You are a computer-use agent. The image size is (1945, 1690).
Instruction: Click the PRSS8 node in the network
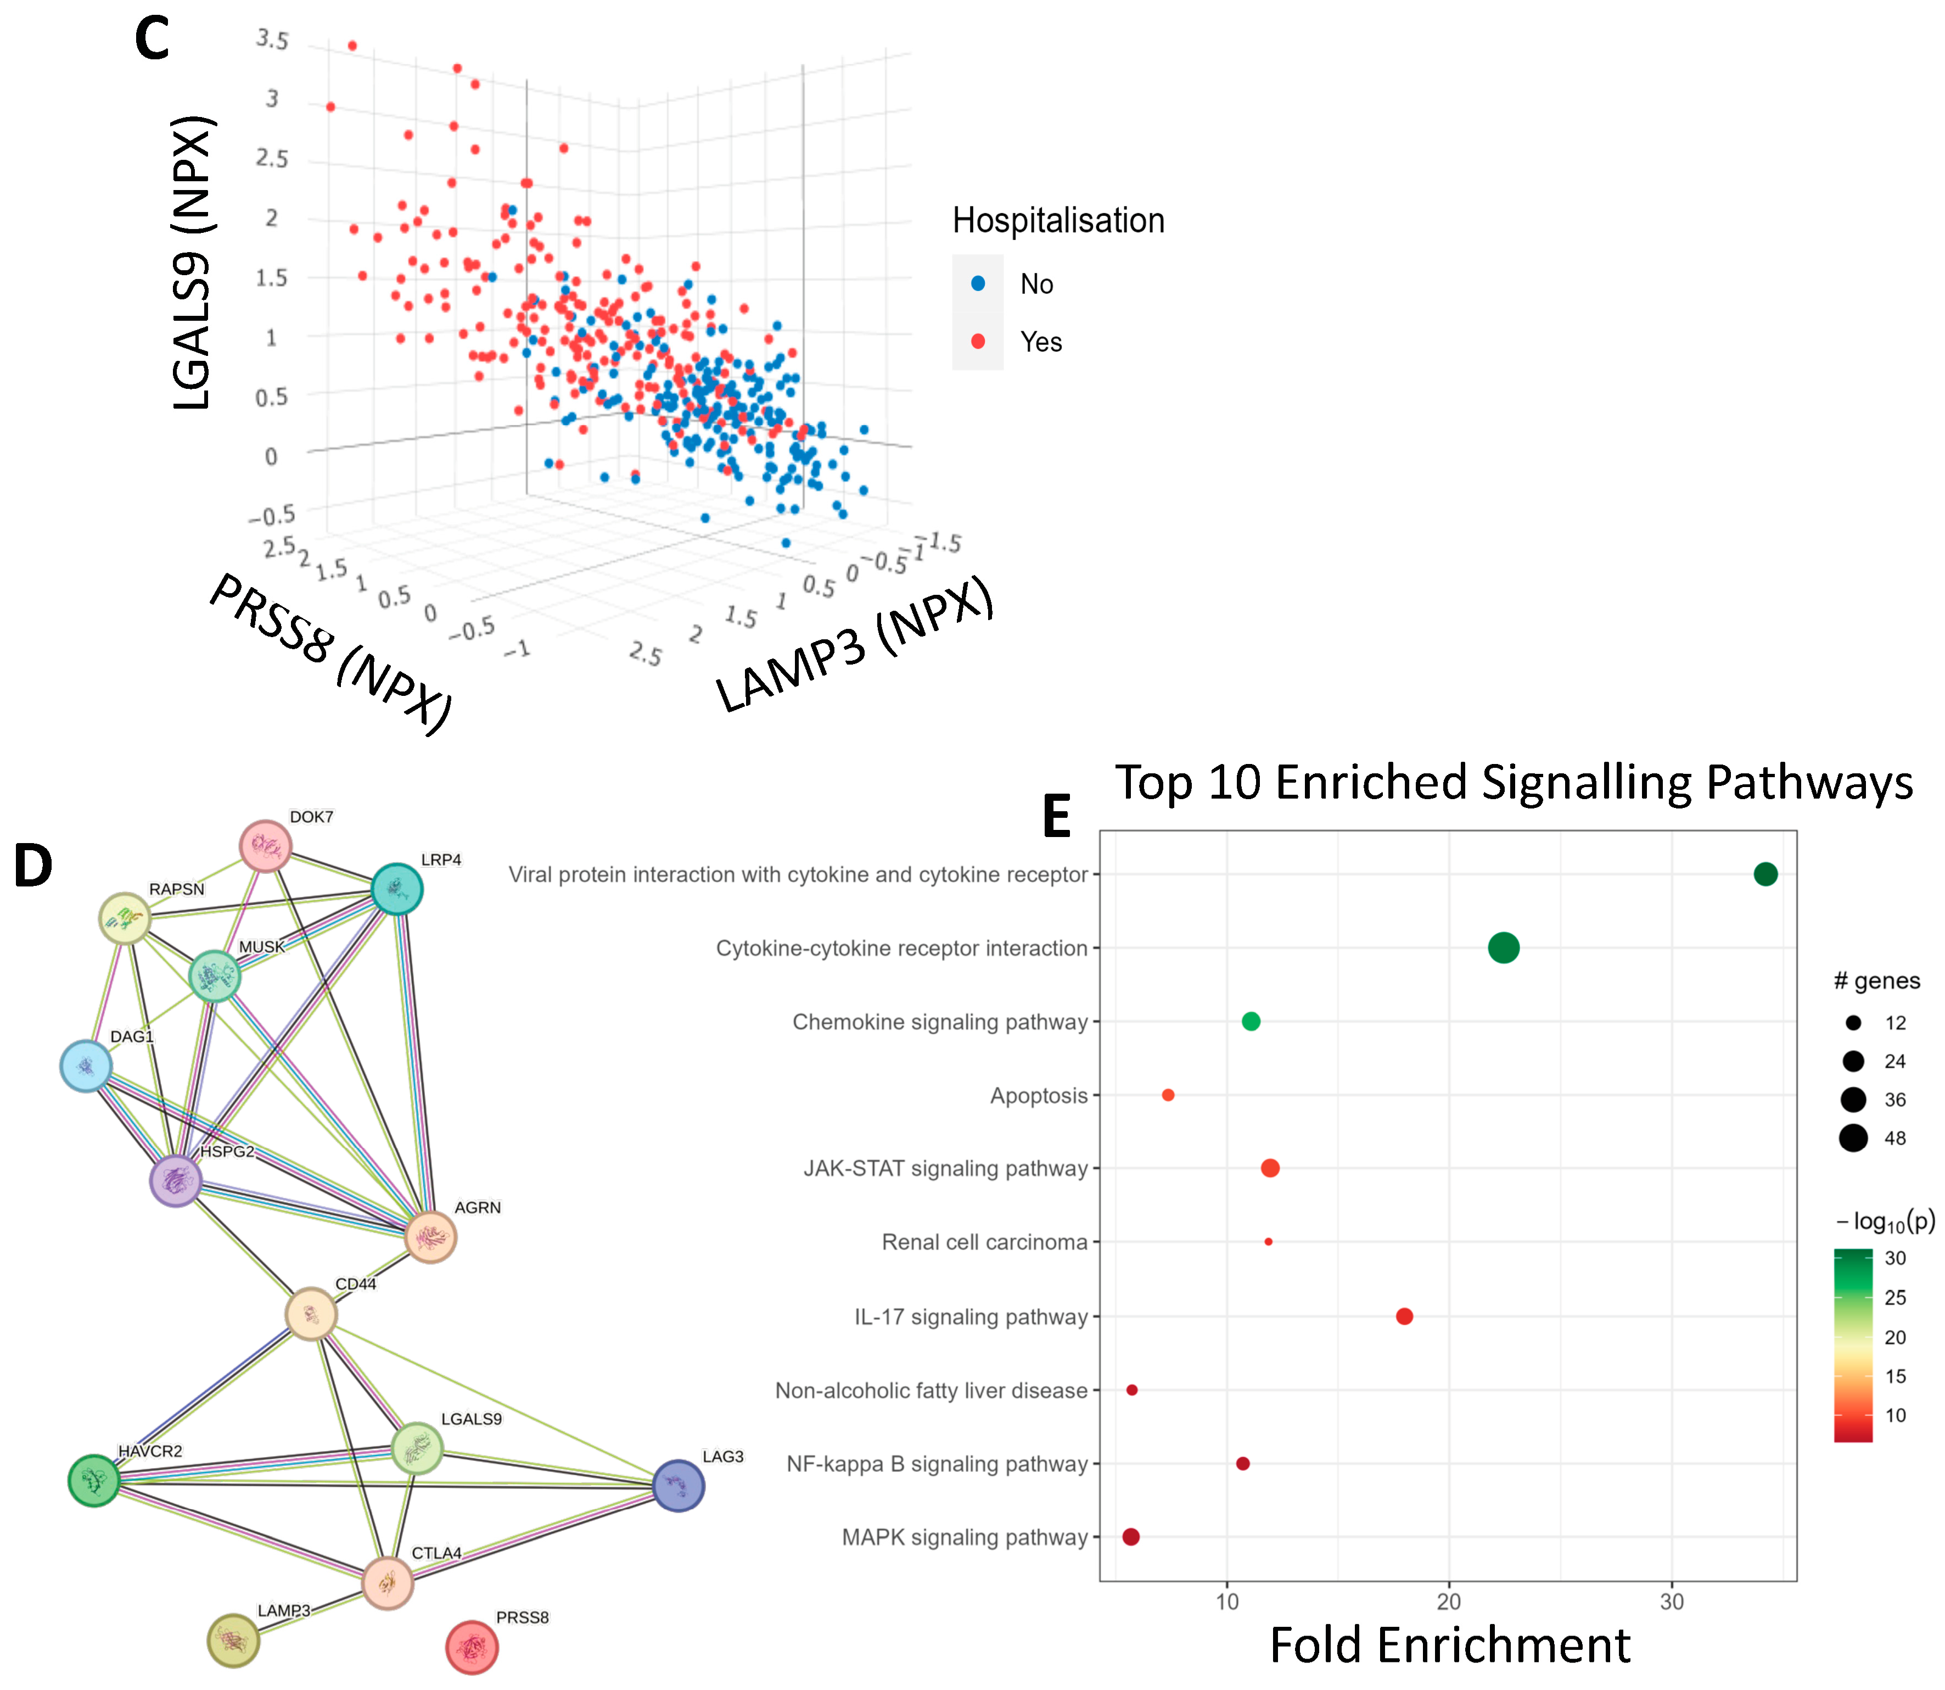point(472,1647)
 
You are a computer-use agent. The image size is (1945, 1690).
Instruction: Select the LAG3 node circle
point(678,1485)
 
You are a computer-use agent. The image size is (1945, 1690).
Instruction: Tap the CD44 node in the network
point(311,1314)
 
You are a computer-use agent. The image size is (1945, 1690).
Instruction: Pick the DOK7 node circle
point(266,846)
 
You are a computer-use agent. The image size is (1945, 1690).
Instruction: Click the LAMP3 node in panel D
point(233,1640)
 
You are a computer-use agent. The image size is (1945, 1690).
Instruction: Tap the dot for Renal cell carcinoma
point(1268,1241)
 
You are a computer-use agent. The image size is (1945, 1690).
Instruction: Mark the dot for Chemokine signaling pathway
point(1250,1022)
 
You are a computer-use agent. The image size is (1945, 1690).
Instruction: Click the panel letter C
point(152,40)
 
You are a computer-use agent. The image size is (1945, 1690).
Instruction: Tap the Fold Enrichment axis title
point(1449,1646)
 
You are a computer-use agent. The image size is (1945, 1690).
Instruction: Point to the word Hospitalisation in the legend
point(1058,221)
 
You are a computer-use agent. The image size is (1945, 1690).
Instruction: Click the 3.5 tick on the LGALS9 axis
point(272,40)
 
